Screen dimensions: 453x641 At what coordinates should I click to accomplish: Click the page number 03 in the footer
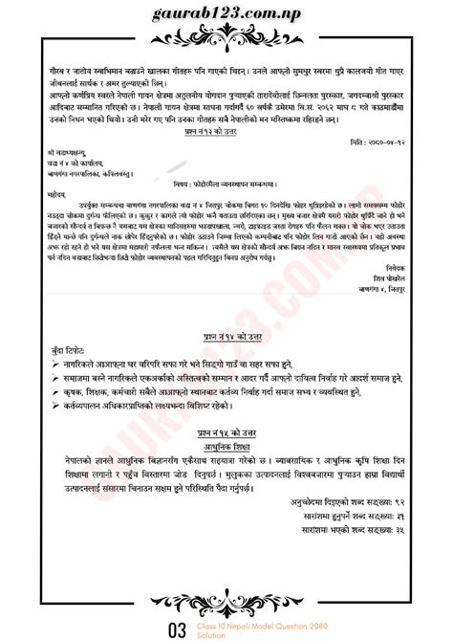click(x=176, y=629)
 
